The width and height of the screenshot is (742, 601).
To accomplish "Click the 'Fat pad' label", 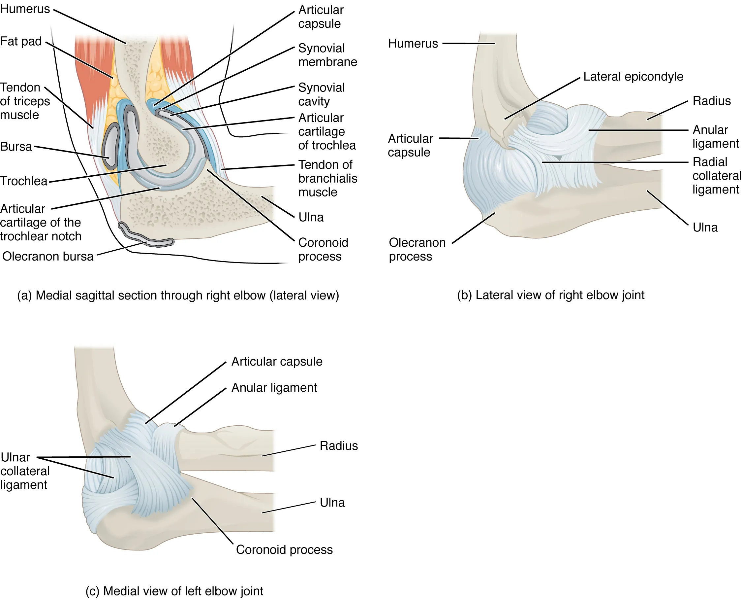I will click(21, 41).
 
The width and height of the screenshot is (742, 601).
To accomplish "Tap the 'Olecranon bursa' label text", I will click(48, 257).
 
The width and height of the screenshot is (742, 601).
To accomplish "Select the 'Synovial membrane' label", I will click(327, 55).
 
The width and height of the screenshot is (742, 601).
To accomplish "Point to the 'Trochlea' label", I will click(23, 181).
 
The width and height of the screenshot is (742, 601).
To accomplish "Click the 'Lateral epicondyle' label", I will click(633, 77).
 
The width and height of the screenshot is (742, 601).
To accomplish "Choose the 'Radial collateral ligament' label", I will click(716, 176).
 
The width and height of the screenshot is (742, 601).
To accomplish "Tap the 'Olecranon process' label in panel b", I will click(417, 249).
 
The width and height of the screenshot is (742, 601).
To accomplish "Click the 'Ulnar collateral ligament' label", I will click(24, 471).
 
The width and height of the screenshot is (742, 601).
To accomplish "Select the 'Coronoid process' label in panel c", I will click(284, 549).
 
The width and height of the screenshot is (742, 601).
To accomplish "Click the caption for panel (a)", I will click(178, 295).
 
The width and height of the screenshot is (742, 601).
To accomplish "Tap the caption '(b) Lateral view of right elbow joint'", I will click(550, 295).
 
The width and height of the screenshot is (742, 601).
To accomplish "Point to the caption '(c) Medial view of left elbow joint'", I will click(174, 591).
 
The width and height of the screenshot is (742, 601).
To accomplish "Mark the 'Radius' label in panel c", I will click(338, 445).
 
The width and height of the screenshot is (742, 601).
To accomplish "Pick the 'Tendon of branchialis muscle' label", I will click(327, 178).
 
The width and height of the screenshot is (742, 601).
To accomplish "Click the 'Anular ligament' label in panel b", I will click(715, 136).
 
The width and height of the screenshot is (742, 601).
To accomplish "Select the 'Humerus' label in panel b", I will click(413, 44).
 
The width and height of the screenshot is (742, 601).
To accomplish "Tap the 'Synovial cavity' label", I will click(321, 94).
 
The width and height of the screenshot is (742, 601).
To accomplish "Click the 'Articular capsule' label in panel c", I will click(277, 362).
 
